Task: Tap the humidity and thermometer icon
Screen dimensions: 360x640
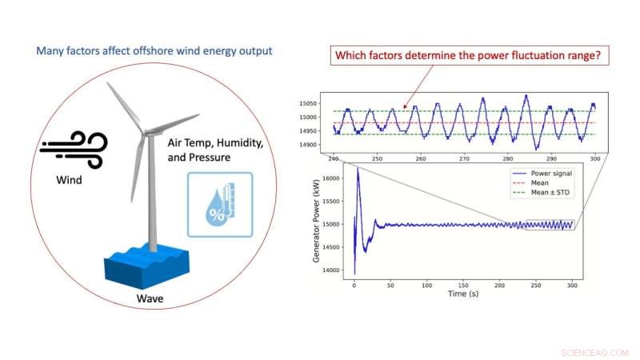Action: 220,204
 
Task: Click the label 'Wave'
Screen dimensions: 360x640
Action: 149,301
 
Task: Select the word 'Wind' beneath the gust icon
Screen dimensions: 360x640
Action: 68,179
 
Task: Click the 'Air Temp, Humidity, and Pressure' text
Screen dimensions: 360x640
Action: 215,149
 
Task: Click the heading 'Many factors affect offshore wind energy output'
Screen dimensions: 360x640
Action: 154,50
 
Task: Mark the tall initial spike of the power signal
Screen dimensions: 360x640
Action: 358,172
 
